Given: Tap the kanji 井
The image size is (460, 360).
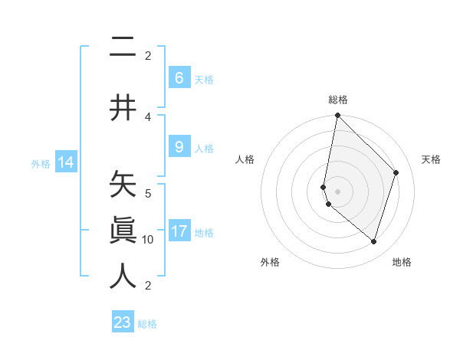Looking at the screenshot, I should (123, 107).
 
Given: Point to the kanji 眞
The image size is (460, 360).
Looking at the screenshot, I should (123, 230).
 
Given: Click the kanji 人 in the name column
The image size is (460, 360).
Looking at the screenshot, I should (123, 275).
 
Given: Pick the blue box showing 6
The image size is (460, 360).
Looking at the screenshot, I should (179, 77).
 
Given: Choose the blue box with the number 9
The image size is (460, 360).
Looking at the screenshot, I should (179, 147).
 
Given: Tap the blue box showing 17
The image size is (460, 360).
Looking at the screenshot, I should (179, 231).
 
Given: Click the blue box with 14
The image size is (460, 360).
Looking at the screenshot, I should (66, 162).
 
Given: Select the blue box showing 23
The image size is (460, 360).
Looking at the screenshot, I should (123, 322).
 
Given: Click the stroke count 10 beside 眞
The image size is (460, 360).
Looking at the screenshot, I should (148, 240).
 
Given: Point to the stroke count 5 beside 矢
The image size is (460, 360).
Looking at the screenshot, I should (148, 193).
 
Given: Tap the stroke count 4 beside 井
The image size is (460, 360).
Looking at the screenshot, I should (148, 117).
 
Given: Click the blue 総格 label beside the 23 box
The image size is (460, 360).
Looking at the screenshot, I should (147, 324).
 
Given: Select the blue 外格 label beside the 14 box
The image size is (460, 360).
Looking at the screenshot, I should (40, 164).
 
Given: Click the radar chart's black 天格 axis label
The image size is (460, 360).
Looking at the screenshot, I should (431, 159).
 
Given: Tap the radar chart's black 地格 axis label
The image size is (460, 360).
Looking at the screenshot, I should (402, 262).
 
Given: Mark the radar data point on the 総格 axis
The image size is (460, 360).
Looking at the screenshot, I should (337, 115).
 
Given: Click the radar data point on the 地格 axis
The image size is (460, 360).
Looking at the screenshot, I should (373, 241).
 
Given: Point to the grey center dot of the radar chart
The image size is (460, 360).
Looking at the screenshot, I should (337, 191).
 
